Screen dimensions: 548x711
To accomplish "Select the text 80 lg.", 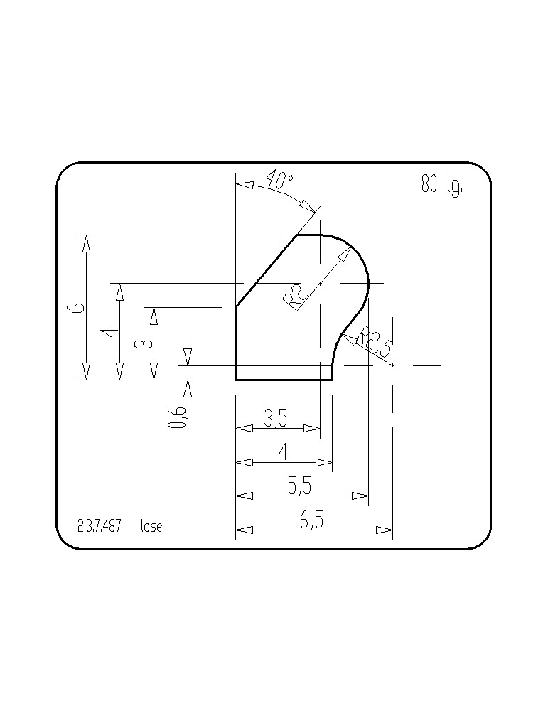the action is (x=442, y=184).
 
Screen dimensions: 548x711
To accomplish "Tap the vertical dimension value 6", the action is (x=77, y=308).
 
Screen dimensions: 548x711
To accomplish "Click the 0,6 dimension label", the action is (x=177, y=417).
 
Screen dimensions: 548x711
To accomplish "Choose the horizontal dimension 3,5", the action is (x=276, y=418).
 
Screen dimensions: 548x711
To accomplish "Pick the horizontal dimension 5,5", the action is (x=300, y=486).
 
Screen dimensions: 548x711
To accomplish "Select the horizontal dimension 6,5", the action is (x=311, y=520).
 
